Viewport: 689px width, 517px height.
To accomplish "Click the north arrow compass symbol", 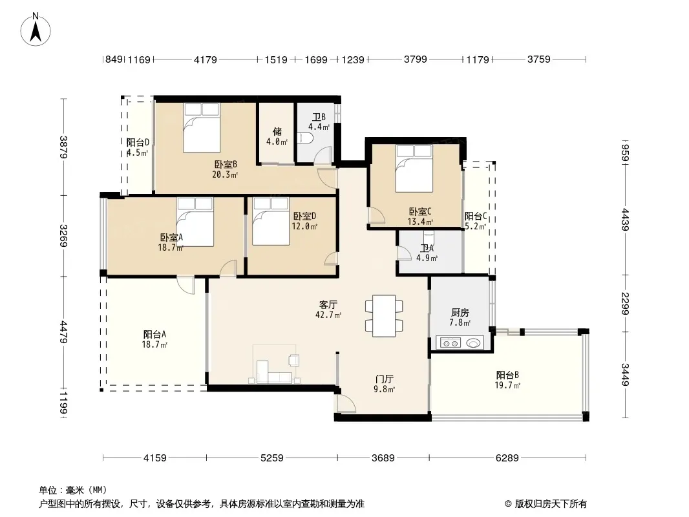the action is [x=36, y=30].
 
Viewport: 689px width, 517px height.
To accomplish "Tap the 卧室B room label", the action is [x=226, y=164].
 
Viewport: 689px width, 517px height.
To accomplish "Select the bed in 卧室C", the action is [x=414, y=169].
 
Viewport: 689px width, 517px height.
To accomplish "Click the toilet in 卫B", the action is [x=306, y=138].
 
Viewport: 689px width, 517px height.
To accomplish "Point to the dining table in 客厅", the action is [x=384, y=316].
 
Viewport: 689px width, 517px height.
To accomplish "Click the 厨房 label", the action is [x=460, y=312].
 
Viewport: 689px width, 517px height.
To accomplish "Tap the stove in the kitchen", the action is [x=449, y=342].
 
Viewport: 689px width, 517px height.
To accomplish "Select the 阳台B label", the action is [x=507, y=375].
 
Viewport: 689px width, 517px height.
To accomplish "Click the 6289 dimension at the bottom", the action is [x=507, y=458].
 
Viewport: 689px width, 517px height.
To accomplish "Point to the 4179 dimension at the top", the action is [x=205, y=59].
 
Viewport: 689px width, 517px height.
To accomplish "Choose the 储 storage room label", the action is [x=277, y=131].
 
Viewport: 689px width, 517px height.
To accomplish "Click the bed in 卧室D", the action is [x=271, y=222].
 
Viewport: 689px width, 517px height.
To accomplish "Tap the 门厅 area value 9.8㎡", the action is [x=384, y=389].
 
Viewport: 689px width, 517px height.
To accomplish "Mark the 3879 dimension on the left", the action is [x=64, y=147].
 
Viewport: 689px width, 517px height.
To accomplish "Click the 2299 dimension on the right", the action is [x=625, y=304].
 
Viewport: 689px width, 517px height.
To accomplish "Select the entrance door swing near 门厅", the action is [x=346, y=403].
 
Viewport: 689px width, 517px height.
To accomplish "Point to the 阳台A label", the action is [x=154, y=334].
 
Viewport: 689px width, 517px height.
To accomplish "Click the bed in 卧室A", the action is [x=195, y=222].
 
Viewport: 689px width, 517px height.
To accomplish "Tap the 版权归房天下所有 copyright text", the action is [x=551, y=504].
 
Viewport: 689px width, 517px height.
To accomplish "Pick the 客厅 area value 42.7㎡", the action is [x=328, y=315].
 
